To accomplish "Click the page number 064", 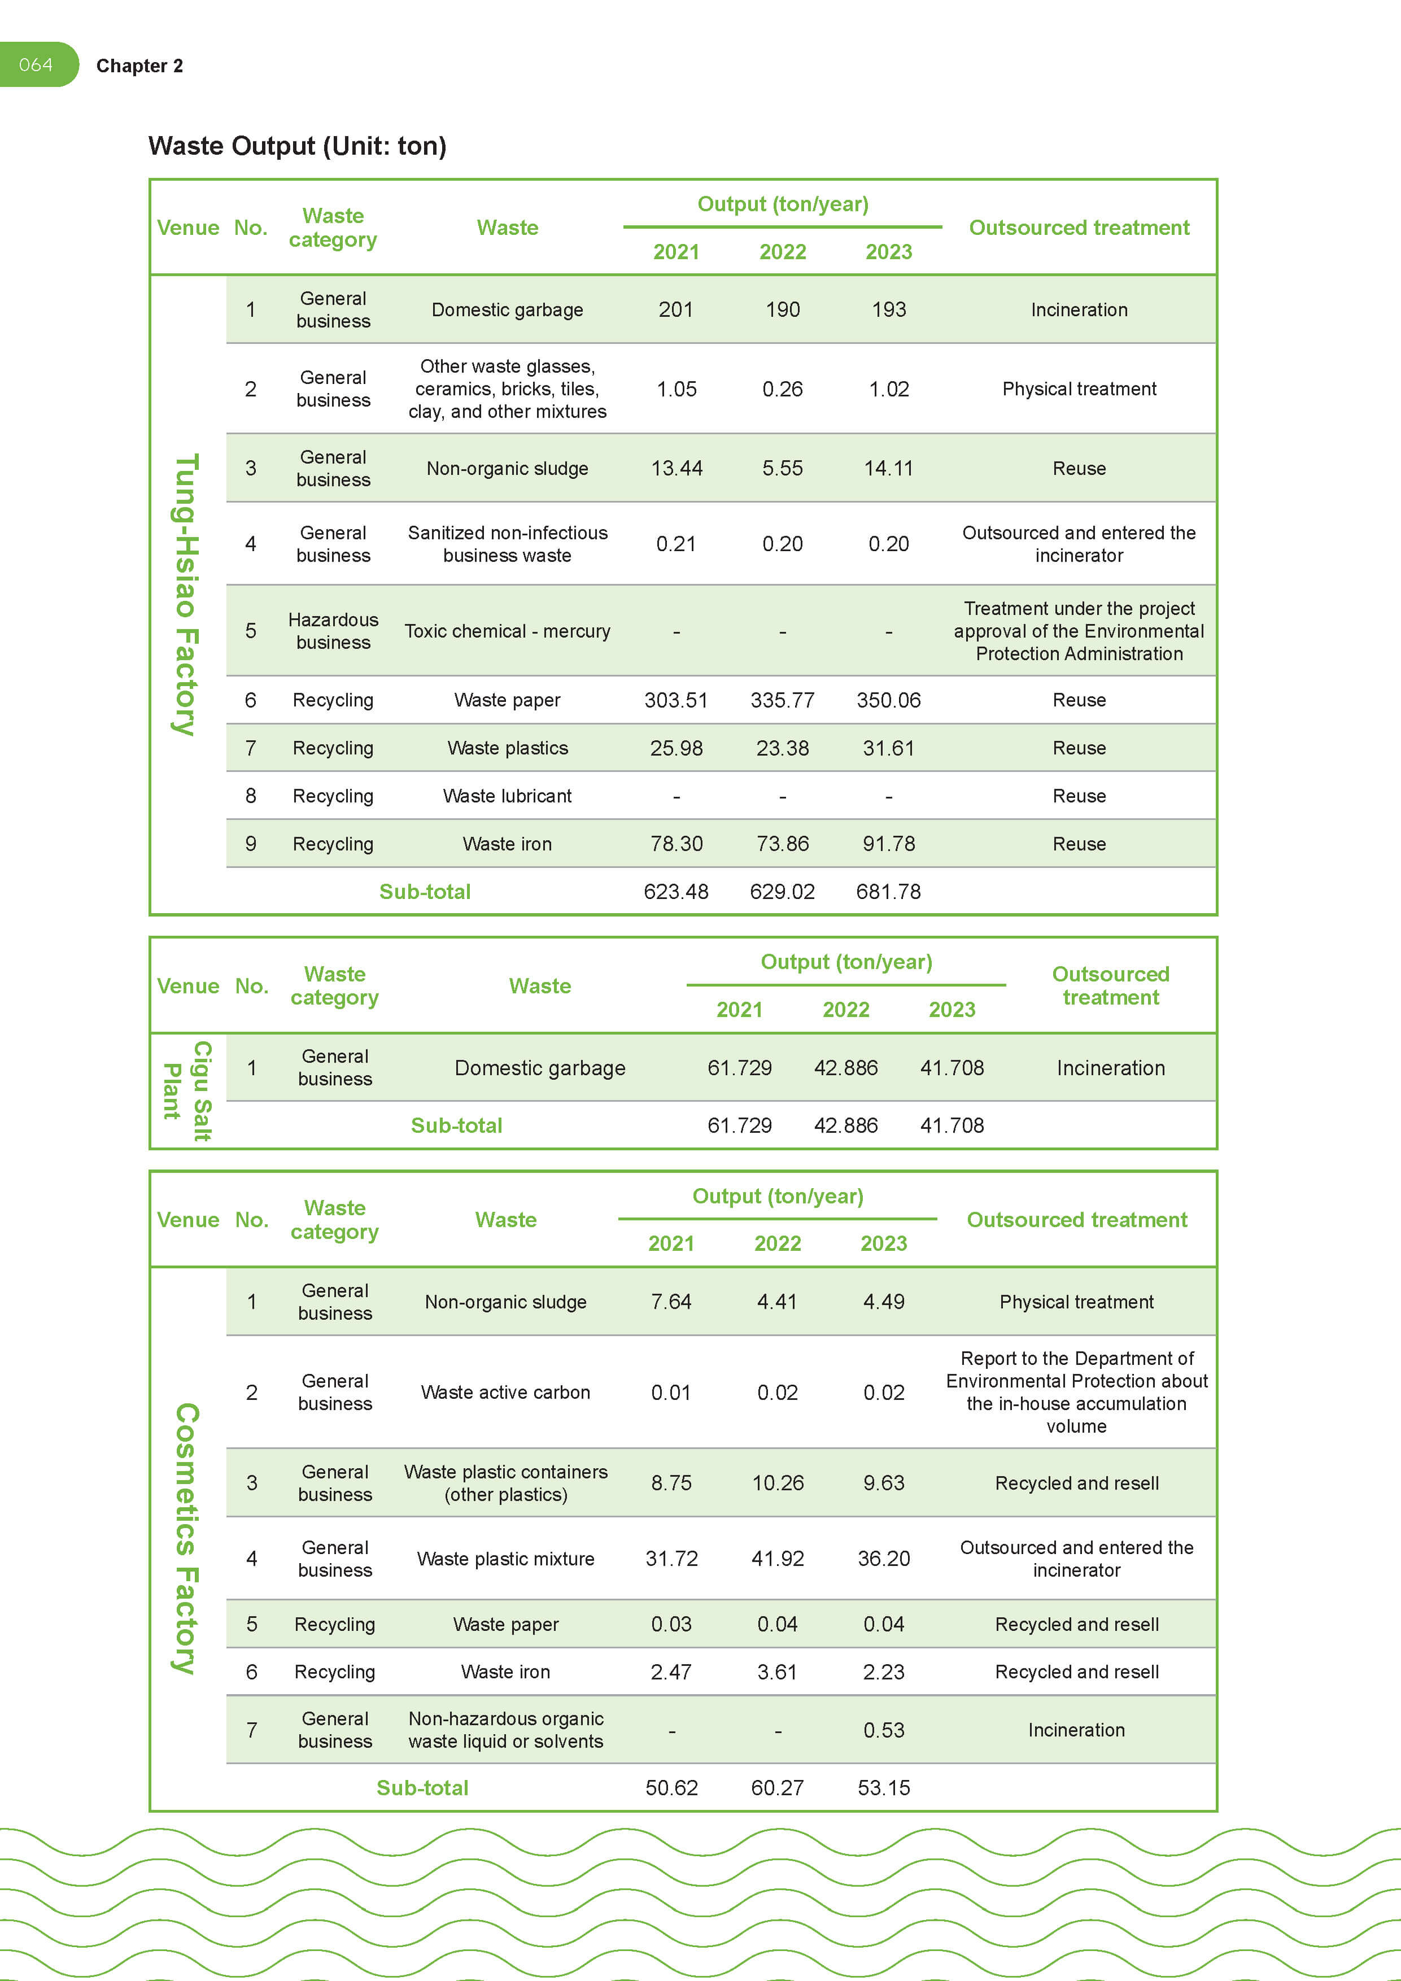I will [x=36, y=65].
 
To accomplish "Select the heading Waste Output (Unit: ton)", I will [x=297, y=146].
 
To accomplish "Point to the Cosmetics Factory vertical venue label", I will [x=186, y=1538].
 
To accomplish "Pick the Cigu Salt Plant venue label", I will [x=187, y=1090].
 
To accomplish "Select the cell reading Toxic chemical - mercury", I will [x=507, y=631].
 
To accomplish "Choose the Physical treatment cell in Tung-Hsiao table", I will [x=1079, y=389].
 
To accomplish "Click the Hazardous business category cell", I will [x=333, y=631].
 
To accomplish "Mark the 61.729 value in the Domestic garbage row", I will [x=739, y=1068].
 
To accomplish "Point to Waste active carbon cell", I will [x=505, y=1391].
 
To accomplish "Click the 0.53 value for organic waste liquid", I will [x=883, y=1730].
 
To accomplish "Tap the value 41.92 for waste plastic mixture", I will [x=777, y=1558].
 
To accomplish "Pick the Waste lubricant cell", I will [x=507, y=796].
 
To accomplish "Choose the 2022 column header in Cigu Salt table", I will [x=845, y=1010].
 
